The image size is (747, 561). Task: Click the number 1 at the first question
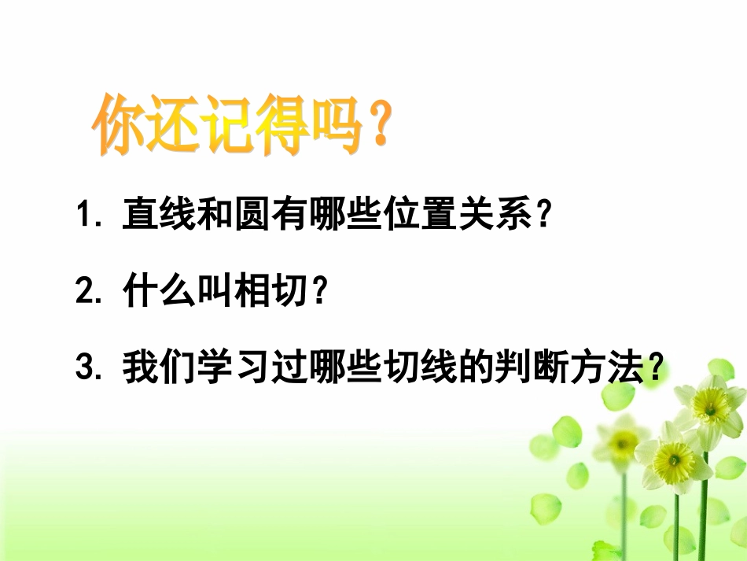coord(84,215)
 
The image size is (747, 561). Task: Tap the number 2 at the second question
coord(84,293)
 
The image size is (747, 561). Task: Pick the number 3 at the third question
coord(84,369)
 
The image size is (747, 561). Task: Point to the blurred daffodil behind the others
coord(621,445)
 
